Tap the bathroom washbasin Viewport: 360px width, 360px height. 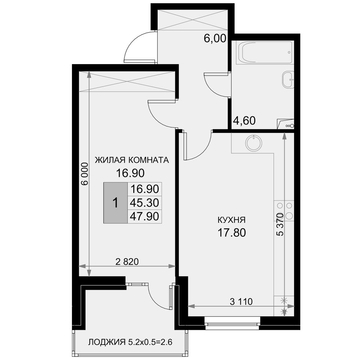(288, 80)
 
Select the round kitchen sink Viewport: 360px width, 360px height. (254, 143)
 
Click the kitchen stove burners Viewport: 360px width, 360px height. (284, 211)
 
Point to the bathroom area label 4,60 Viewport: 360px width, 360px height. (244, 121)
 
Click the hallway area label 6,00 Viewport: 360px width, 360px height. (215, 39)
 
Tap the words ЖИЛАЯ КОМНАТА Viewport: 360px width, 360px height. (132, 160)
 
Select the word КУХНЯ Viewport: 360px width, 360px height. (231, 220)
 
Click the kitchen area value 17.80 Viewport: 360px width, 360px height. (231, 233)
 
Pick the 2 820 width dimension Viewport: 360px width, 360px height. (127, 261)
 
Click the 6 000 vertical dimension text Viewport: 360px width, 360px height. (85, 174)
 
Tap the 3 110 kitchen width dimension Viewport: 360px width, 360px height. (241, 301)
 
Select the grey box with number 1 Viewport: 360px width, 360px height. (116, 203)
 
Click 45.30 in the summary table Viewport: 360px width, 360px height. (144, 203)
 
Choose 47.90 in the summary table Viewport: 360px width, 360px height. (144, 216)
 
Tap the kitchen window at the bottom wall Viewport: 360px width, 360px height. (232, 323)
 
